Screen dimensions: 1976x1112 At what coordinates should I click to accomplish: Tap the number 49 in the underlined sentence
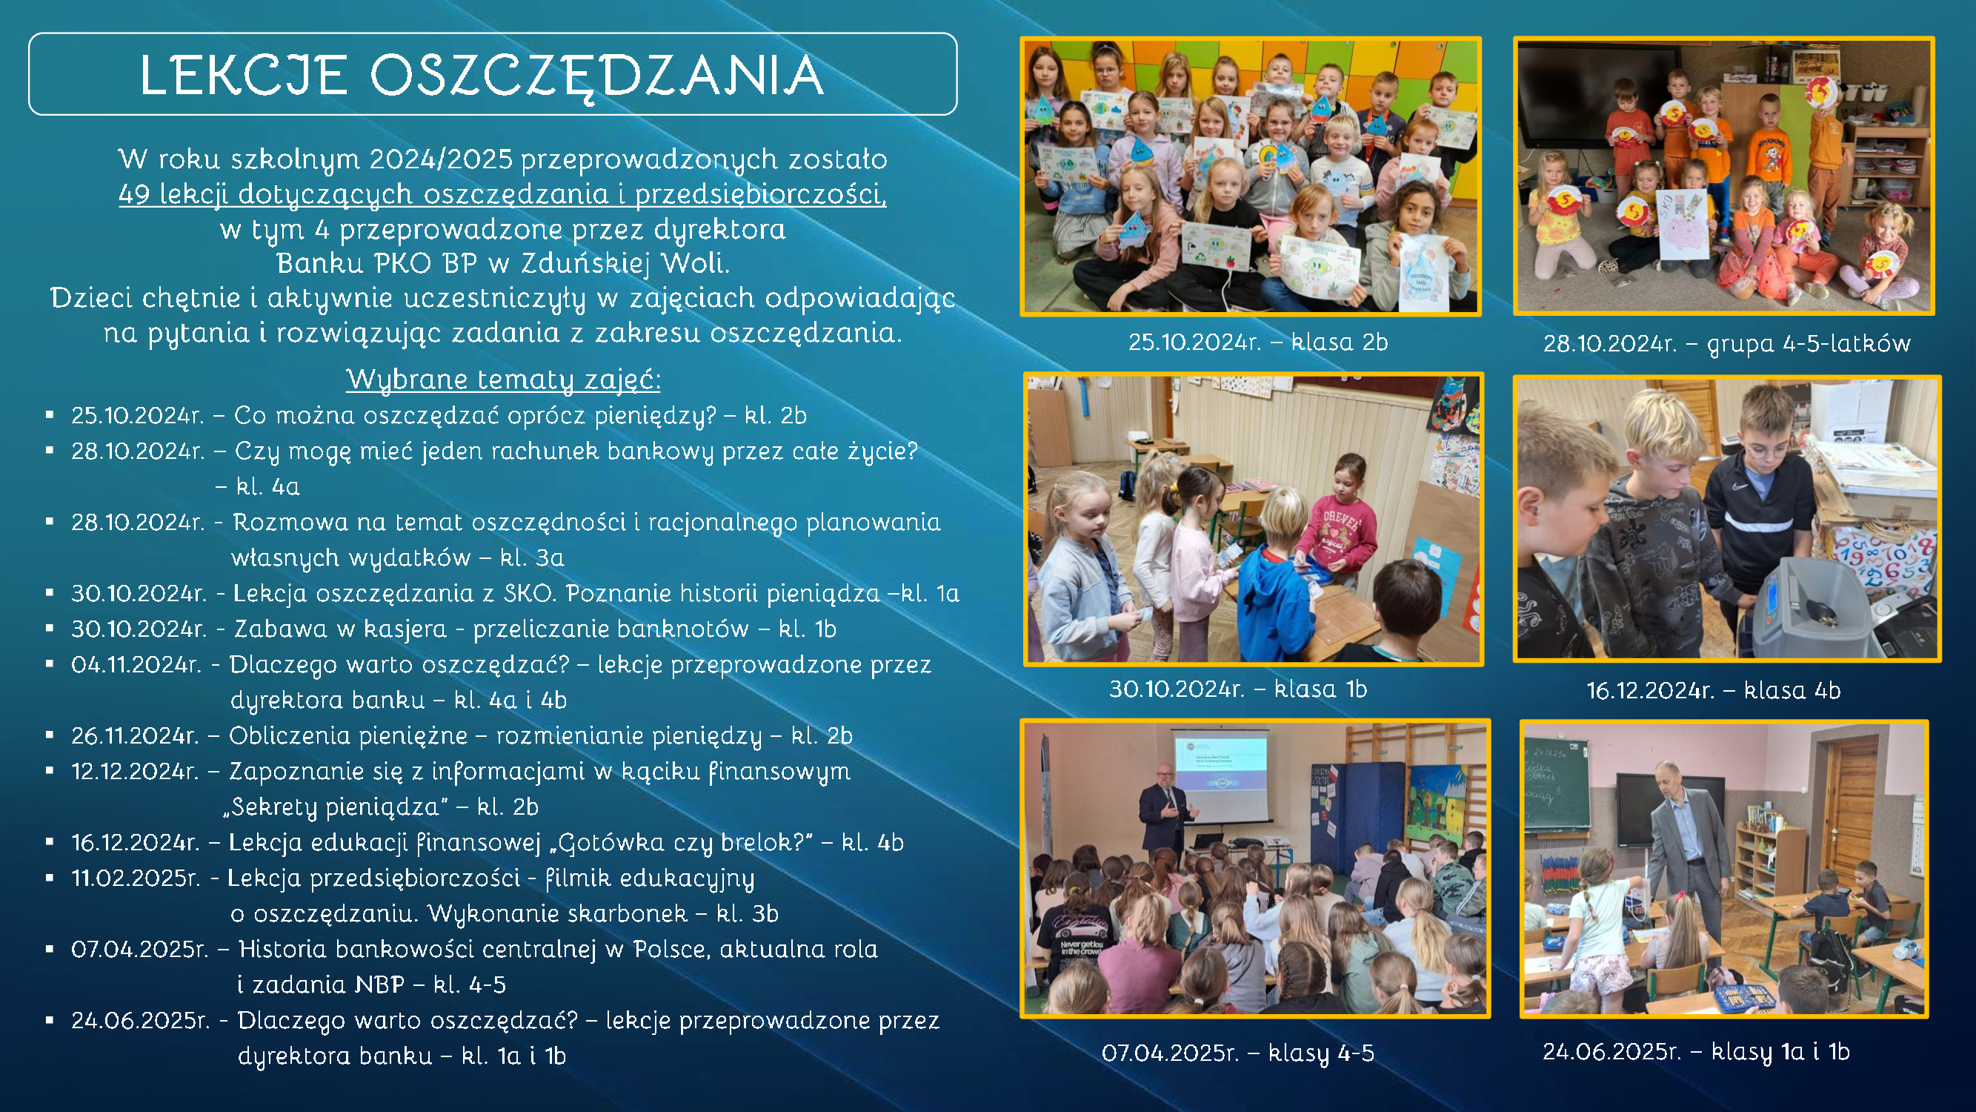[x=134, y=193]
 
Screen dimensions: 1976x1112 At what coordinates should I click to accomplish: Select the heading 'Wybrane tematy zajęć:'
[x=503, y=379]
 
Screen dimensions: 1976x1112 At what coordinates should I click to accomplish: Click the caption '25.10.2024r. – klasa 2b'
[x=1258, y=342]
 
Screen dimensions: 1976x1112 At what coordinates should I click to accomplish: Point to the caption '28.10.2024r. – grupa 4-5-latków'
[x=1727, y=343]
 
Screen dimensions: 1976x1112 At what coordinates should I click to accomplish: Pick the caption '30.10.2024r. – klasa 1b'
[x=1238, y=689]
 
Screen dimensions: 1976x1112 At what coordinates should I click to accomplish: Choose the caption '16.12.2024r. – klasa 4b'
[x=1713, y=691]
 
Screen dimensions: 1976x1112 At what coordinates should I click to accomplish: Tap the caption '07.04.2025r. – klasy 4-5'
[x=1237, y=1053]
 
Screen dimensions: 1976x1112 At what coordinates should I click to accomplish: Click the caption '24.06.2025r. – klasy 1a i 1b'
[x=1696, y=1051]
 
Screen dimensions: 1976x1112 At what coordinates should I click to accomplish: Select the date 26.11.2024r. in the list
[x=135, y=735]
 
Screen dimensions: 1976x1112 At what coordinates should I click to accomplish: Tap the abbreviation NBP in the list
[x=379, y=984]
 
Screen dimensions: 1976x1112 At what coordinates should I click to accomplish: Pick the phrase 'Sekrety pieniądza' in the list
[x=336, y=807]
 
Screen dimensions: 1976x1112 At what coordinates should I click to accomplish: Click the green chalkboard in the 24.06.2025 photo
[x=1556, y=783]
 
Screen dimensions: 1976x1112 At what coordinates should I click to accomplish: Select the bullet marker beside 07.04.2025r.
[x=50, y=950]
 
